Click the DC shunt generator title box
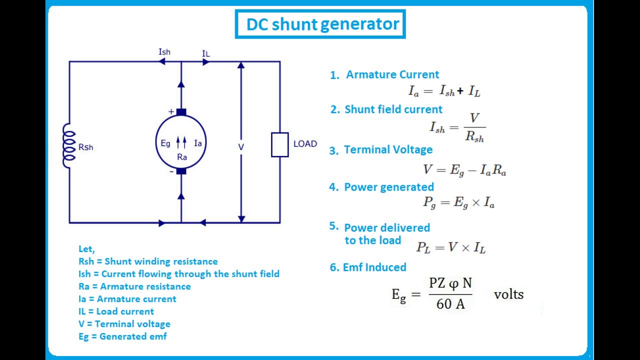(320, 24)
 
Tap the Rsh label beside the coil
(85, 147)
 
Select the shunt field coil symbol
(68, 145)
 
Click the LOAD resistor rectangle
(279, 144)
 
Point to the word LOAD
(305, 144)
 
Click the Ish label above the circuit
(164, 52)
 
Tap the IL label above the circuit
(205, 53)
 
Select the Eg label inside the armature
(165, 143)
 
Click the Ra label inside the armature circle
(182, 157)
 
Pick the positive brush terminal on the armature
(181, 112)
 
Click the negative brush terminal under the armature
(181, 171)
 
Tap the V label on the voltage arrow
(241, 147)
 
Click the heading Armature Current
(392, 74)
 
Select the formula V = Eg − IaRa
(464, 170)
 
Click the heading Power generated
(388, 187)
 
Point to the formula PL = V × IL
(450, 247)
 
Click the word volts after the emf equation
(508, 294)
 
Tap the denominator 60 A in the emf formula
(450, 303)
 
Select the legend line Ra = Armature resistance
(134, 286)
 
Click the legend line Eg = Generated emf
(122, 336)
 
